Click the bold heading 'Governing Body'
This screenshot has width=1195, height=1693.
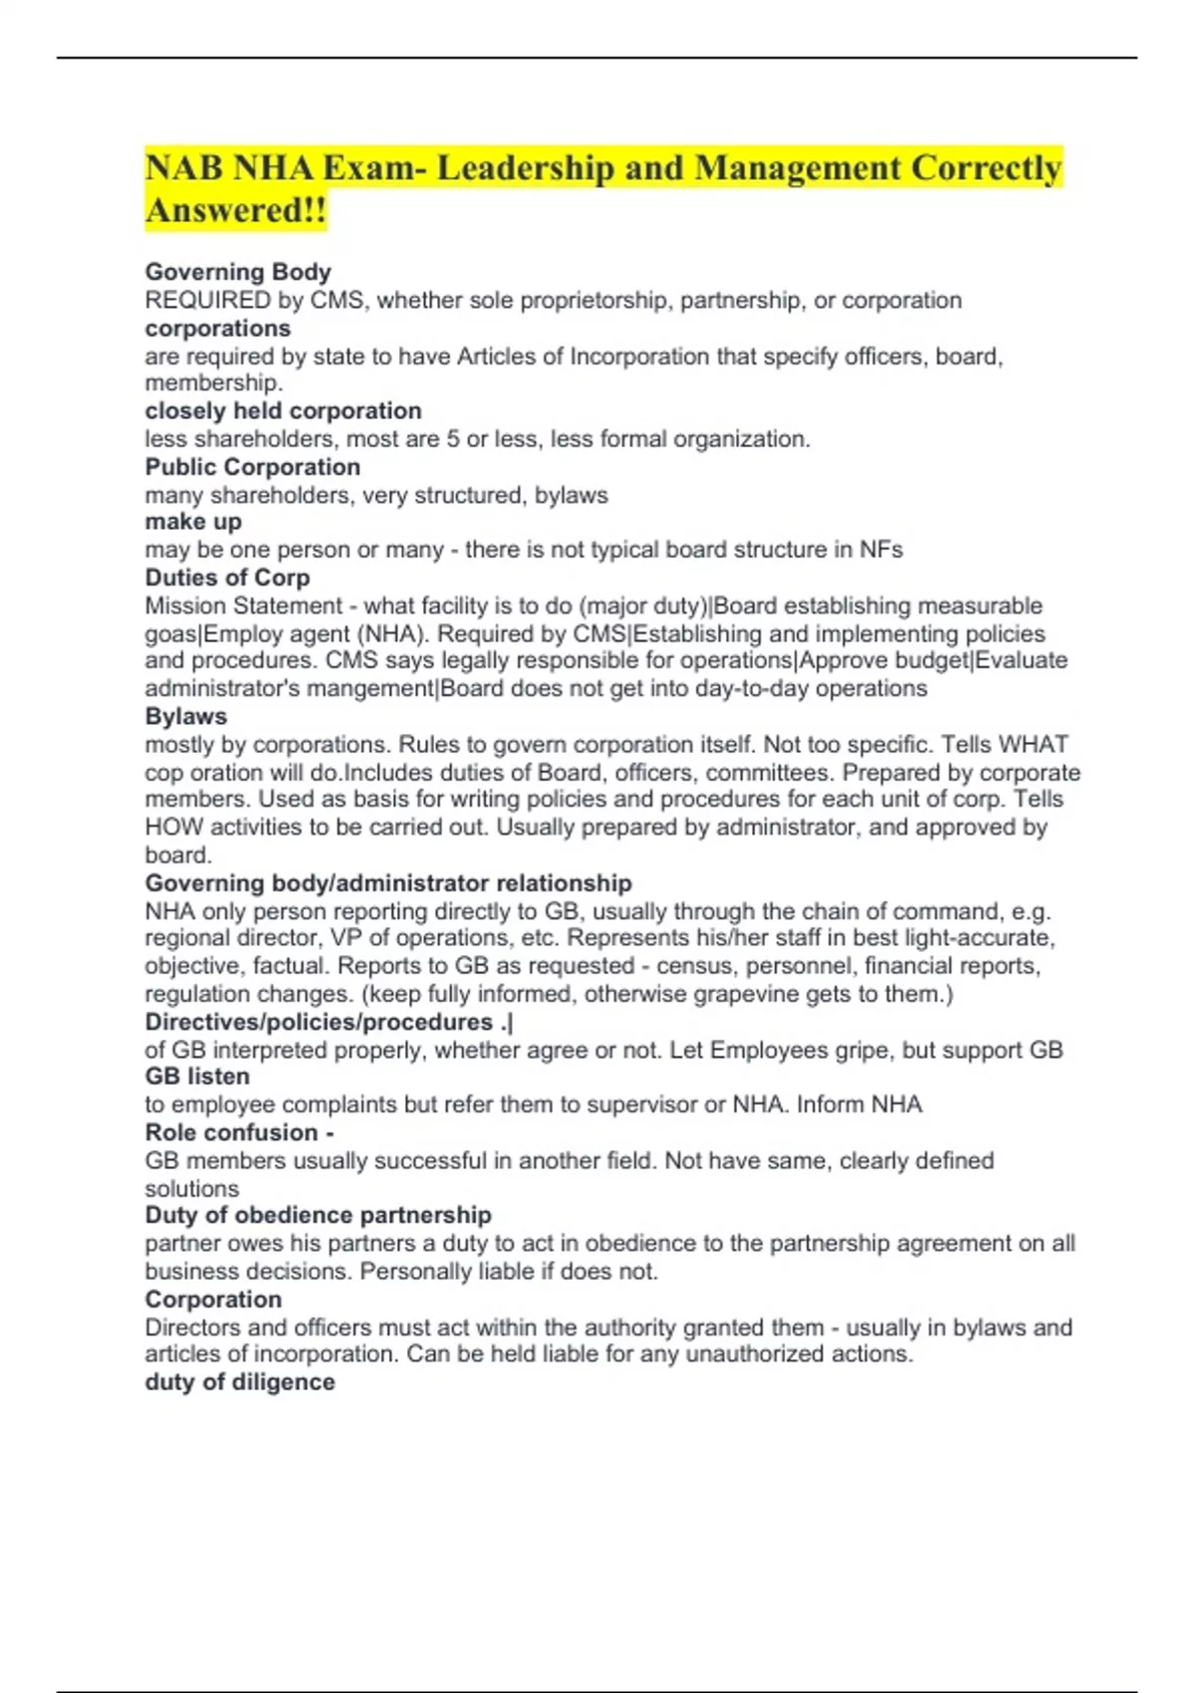click(237, 272)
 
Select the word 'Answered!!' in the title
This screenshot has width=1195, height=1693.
click(235, 211)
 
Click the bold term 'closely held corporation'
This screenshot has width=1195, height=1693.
click(283, 410)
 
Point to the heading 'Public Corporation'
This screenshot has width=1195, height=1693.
click(252, 467)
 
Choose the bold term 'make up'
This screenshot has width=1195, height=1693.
click(193, 522)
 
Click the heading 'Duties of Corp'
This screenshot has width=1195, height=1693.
click(227, 578)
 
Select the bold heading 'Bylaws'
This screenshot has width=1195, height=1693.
click(185, 716)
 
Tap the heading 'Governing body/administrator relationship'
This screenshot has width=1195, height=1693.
click(388, 883)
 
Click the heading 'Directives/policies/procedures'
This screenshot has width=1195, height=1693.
click(319, 1022)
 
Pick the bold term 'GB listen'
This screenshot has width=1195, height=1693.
click(197, 1077)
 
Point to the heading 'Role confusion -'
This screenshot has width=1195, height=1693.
click(239, 1132)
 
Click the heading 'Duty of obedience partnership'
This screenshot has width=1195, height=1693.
click(318, 1215)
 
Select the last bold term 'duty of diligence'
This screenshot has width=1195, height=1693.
click(239, 1382)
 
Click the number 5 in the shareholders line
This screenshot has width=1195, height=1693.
click(453, 439)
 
